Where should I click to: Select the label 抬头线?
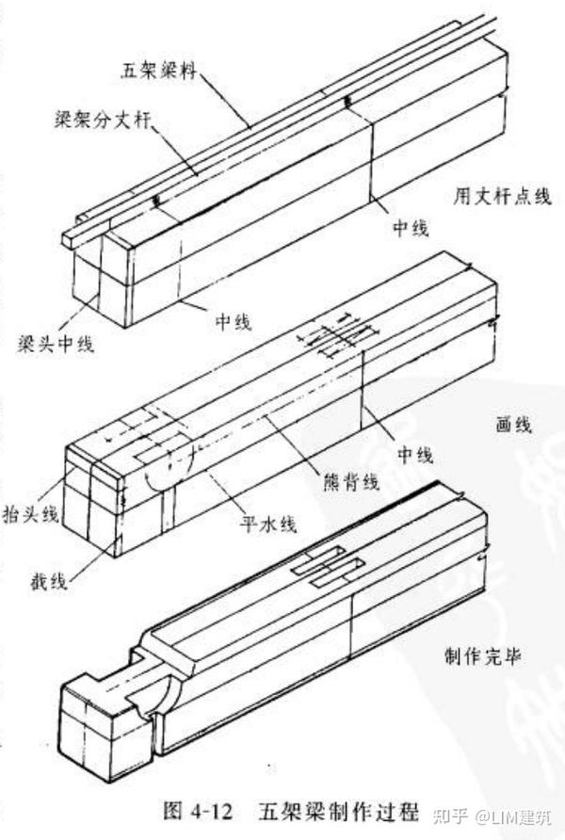[x=32, y=513]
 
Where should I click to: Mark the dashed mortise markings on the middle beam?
[x=339, y=337]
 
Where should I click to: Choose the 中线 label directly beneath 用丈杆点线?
[x=412, y=227]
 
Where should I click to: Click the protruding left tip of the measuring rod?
[x=71, y=236]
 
